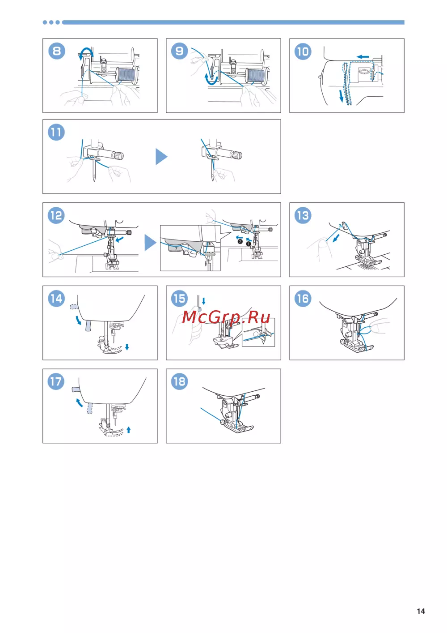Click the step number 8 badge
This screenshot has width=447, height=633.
(57, 51)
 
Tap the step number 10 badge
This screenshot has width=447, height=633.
(303, 51)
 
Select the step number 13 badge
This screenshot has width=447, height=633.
(303, 215)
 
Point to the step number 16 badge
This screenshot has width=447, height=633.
(303, 299)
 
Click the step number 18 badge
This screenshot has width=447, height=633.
(180, 381)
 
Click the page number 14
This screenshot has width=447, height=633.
(421, 611)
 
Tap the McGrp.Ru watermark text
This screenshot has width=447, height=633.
(226, 317)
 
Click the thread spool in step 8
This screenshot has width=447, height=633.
(127, 75)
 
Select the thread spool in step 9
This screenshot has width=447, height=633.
(257, 76)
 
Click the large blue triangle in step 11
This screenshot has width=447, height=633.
(161, 157)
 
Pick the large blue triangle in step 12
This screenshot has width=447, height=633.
(150, 243)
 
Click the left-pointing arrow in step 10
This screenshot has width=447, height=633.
(363, 57)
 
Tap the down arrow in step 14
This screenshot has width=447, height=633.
(127, 347)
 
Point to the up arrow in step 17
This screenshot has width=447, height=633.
(129, 430)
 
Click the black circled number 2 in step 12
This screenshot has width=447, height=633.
(240, 241)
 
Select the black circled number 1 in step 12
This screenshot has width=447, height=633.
(249, 244)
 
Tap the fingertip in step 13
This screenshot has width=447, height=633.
(323, 243)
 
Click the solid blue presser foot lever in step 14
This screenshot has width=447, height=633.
(88, 325)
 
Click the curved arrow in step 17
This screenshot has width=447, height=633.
(79, 402)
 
